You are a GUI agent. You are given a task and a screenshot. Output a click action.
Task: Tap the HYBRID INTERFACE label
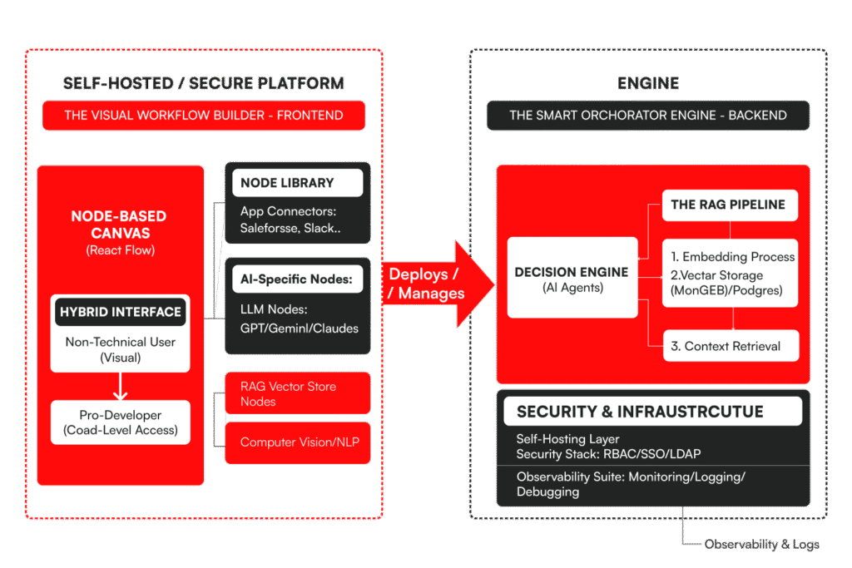coord(120,312)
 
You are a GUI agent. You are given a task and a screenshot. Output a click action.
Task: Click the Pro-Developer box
coord(120,422)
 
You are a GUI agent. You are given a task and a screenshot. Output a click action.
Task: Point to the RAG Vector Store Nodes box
coord(297,393)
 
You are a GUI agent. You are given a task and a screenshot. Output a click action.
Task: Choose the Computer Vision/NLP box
coord(297,442)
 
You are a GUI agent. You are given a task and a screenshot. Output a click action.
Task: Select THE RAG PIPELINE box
coord(730,205)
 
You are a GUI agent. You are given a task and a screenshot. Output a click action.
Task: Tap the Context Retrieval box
coord(730,346)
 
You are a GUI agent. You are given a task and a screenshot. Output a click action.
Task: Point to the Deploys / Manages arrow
coord(433,283)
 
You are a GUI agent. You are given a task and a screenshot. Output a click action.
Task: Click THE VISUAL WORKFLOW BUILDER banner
coord(204,116)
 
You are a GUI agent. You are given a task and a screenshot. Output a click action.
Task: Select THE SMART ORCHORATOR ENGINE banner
coord(648,116)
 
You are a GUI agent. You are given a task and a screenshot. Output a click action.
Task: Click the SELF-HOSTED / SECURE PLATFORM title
coord(204,83)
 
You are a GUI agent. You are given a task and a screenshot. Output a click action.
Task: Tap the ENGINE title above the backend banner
coord(648,83)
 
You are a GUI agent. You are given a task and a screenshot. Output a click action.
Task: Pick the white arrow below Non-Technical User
coord(120,386)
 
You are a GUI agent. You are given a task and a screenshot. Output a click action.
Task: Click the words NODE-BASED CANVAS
coord(118,224)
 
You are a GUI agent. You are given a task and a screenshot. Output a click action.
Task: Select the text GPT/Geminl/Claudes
coord(300,328)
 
